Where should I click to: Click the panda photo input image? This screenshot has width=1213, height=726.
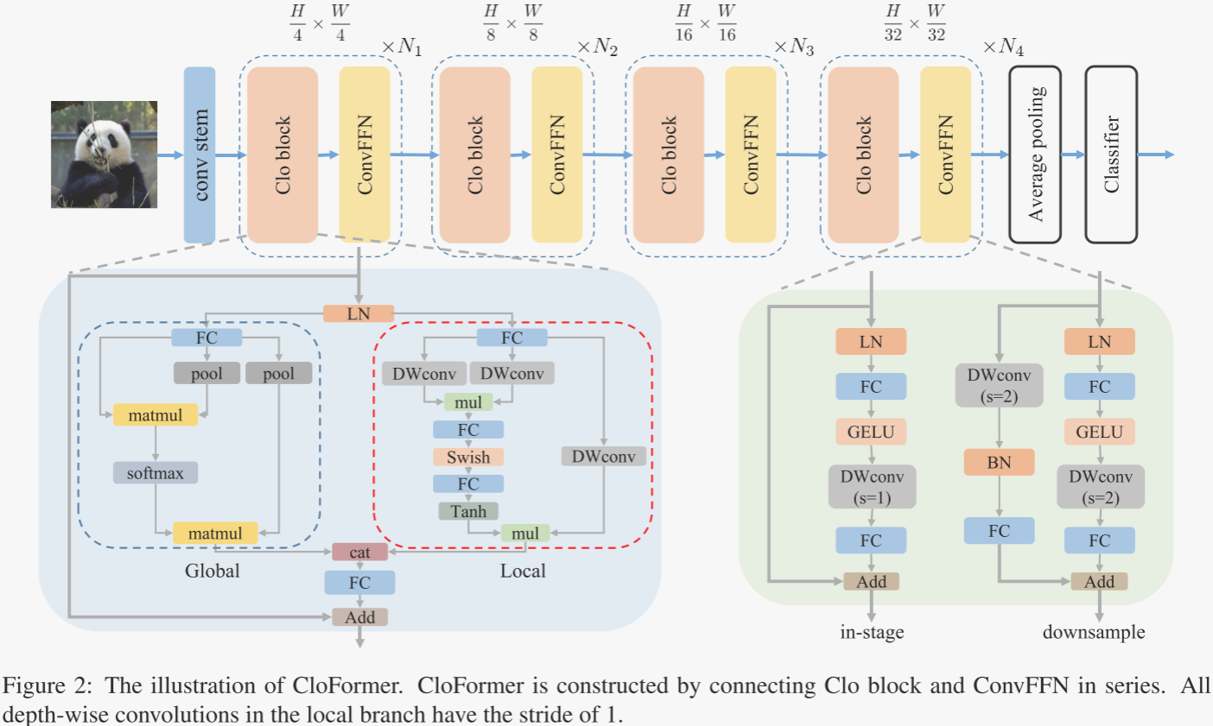tap(104, 155)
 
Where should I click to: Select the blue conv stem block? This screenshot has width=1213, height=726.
tap(200, 155)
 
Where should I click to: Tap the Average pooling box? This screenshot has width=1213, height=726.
tap(1035, 155)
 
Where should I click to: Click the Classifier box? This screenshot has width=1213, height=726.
tap(1111, 155)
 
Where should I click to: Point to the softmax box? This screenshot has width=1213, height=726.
tap(156, 473)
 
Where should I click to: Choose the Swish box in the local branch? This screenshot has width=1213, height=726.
tap(468, 458)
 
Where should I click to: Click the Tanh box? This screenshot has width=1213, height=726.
tap(468, 512)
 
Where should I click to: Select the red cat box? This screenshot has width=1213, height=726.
tap(360, 552)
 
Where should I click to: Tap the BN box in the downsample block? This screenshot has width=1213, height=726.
tap(999, 463)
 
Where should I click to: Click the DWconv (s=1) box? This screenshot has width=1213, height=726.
tap(871, 487)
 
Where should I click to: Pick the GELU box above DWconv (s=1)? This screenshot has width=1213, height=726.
tap(871, 432)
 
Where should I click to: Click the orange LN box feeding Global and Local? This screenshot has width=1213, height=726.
tap(359, 314)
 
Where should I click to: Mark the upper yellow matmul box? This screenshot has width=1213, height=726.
tap(156, 415)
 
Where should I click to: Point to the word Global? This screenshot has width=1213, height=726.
tap(212, 571)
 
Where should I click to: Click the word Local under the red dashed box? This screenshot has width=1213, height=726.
tap(523, 571)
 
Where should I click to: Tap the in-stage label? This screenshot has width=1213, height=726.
tap(872, 632)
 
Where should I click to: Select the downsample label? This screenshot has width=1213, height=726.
tap(1094, 632)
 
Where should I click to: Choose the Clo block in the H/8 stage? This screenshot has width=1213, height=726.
tap(475, 155)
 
